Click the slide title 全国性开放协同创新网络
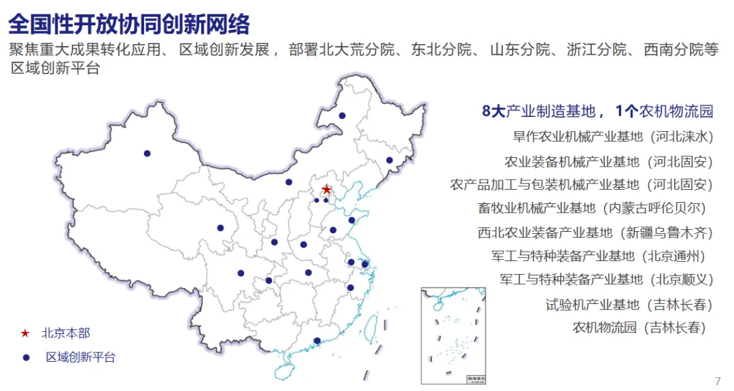point(129,24)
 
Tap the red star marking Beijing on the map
point(327,189)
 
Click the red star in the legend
point(25,334)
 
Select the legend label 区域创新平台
point(80,357)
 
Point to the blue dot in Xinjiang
point(147,153)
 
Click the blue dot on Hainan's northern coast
point(317,341)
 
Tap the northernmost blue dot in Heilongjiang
point(342,116)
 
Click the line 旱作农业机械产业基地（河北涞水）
point(612,137)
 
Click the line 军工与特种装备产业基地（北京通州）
point(599,256)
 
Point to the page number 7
point(718,381)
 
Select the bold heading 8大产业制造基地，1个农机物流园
point(597,112)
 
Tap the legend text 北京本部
point(65,333)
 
